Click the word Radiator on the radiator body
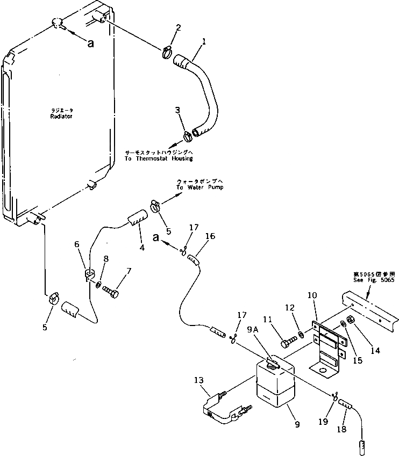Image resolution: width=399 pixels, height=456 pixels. pyautogui.click(x=61, y=117)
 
